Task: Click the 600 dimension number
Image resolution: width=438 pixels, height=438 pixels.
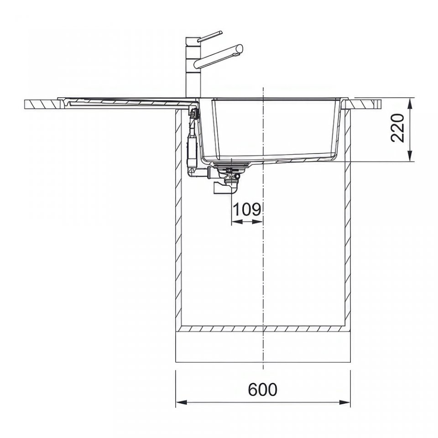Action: tap(263, 389)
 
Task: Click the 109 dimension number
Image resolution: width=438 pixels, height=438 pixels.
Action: tap(247, 209)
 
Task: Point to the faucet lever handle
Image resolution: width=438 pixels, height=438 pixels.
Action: tap(210, 36)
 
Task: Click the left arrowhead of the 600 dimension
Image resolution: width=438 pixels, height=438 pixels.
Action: tap(181, 402)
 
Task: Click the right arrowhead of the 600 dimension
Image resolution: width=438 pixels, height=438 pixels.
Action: tap(345, 402)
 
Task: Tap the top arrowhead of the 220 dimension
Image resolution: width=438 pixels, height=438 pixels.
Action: tap(410, 104)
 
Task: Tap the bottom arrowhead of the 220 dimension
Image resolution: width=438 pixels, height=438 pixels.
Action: tap(410, 156)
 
